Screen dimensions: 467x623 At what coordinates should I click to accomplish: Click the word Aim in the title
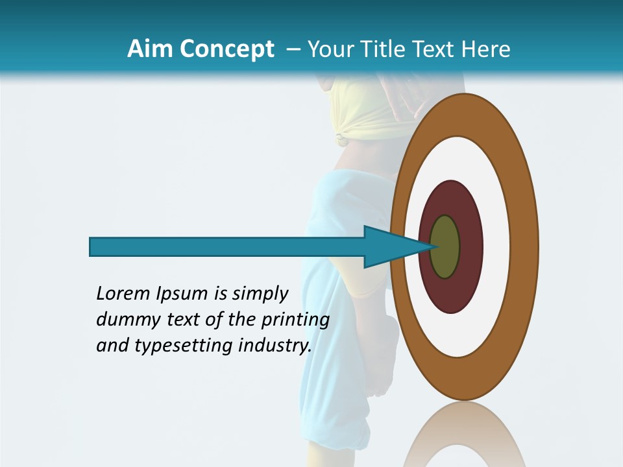(x=149, y=49)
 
